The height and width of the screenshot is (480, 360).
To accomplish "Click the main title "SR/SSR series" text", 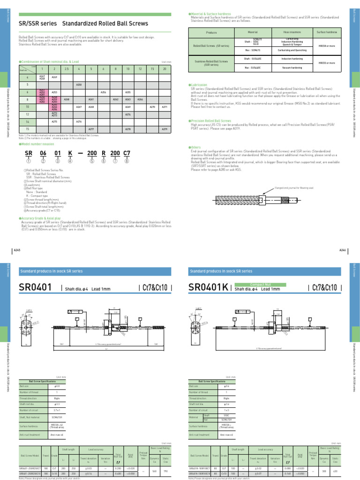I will pyautogui.click(x=37, y=23).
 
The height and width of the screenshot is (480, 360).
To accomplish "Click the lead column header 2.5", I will pyautogui.click(x=66, y=69).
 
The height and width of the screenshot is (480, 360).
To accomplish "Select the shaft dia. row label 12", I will pyautogui.click(x=28, y=114).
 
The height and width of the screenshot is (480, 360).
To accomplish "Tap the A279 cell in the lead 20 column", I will pyautogui.click(x=165, y=129).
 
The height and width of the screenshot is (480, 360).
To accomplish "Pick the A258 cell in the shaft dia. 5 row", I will pyautogui.click(x=79, y=85).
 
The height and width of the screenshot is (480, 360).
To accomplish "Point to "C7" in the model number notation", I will pyautogui.click(x=127, y=154).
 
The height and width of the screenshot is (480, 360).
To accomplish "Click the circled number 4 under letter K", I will pyautogui.click(x=69, y=161).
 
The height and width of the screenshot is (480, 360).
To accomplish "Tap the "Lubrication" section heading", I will pyautogui.click(x=198, y=85).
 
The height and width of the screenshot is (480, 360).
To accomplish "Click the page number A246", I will pyautogui.click(x=342, y=251).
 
